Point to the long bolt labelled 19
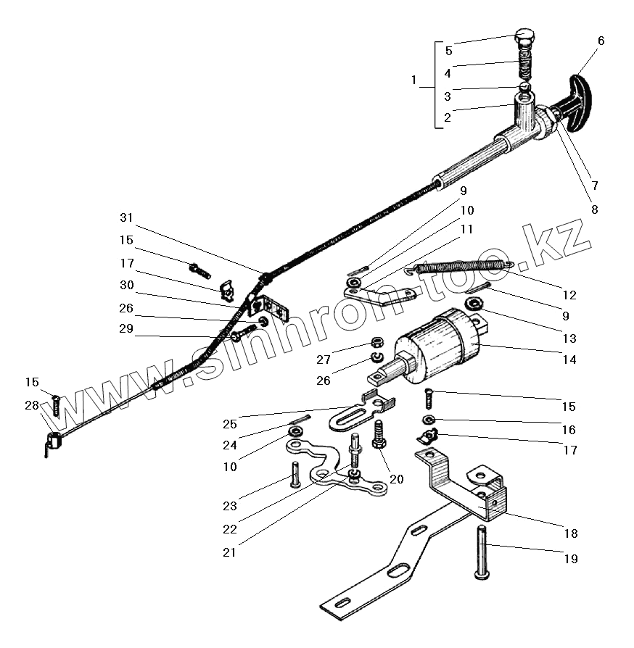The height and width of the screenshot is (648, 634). click(x=482, y=552)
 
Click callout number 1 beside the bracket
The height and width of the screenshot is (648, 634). click(x=414, y=80)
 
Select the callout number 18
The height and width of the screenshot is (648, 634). click(x=571, y=533)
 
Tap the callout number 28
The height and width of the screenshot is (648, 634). click(x=31, y=405)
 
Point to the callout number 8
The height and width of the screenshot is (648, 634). click(x=594, y=210)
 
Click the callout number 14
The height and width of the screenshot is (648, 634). click(x=569, y=359)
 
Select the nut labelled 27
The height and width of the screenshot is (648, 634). click(x=376, y=341)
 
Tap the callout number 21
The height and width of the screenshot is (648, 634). click(x=230, y=552)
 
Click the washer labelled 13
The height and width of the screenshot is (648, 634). click(x=475, y=302)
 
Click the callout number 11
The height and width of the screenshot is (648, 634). click(x=466, y=229)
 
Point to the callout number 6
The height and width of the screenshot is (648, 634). click(x=601, y=41)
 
